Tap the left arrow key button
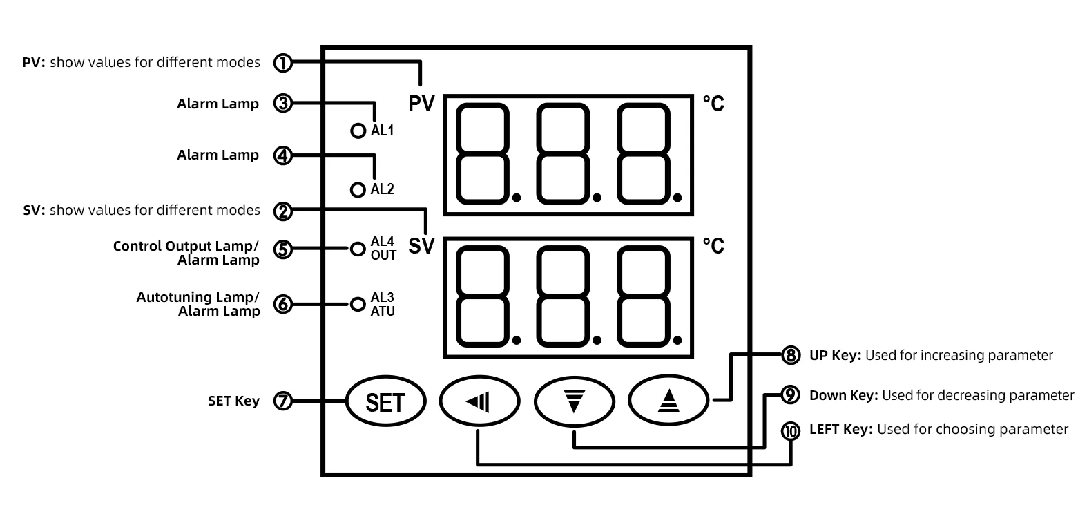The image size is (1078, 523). pyautogui.click(x=479, y=401)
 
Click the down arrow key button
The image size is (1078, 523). pyautogui.click(x=574, y=401)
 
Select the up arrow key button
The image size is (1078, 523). pyautogui.click(x=668, y=400)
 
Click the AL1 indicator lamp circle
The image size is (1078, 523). pyautogui.click(x=358, y=131)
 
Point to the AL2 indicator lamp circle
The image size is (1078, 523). pyautogui.click(x=358, y=190)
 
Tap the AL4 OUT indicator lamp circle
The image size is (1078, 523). pyautogui.click(x=358, y=249)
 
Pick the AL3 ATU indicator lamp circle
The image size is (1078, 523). pyautogui.click(x=358, y=305)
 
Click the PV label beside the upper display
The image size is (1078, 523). pyautogui.click(x=421, y=104)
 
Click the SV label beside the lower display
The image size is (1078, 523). pyautogui.click(x=421, y=246)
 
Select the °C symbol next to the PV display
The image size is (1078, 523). pyautogui.click(x=713, y=104)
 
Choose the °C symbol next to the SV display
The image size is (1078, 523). pyautogui.click(x=713, y=246)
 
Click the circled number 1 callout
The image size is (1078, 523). pyautogui.click(x=283, y=63)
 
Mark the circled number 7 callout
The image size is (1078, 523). pyautogui.click(x=283, y=401)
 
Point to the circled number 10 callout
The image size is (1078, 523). pyautogui.click(x=791, y=430)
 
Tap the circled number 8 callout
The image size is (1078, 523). pyautogui.click(x=791, y=355)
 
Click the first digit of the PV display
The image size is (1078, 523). pyautogui.click(x=483, y=154)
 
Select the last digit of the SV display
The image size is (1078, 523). pyautogui.click(x=644, y=296)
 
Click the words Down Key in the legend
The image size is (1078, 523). pyautogui.click(x=844, y=395)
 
